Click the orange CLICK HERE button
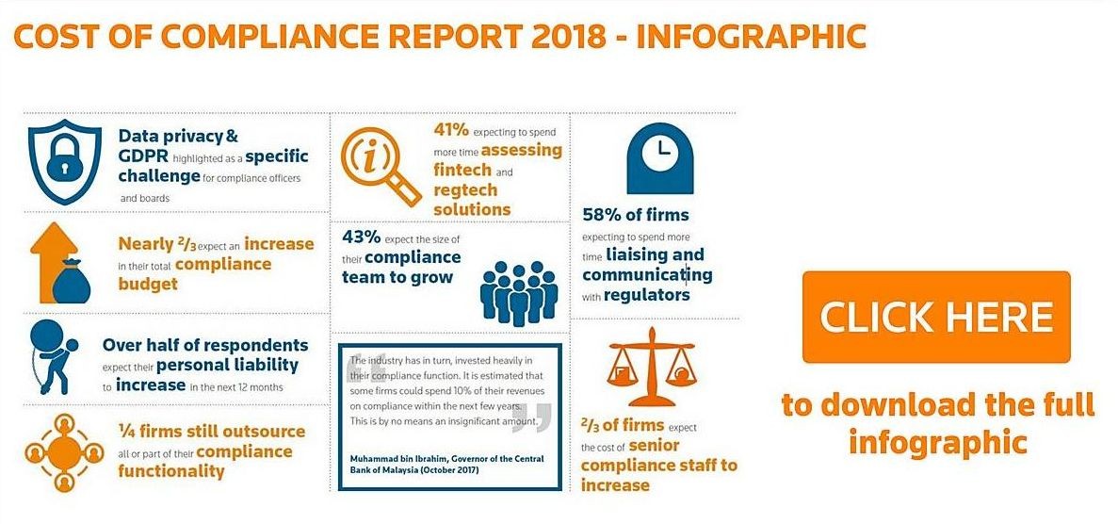(x=935, y=317)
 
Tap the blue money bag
(x=71, y=279)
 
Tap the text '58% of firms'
(x=635, y=214)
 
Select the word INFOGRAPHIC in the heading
(x=751, y=36)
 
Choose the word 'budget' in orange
(x=148, y=284)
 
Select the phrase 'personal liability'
(x=227, y=365)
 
